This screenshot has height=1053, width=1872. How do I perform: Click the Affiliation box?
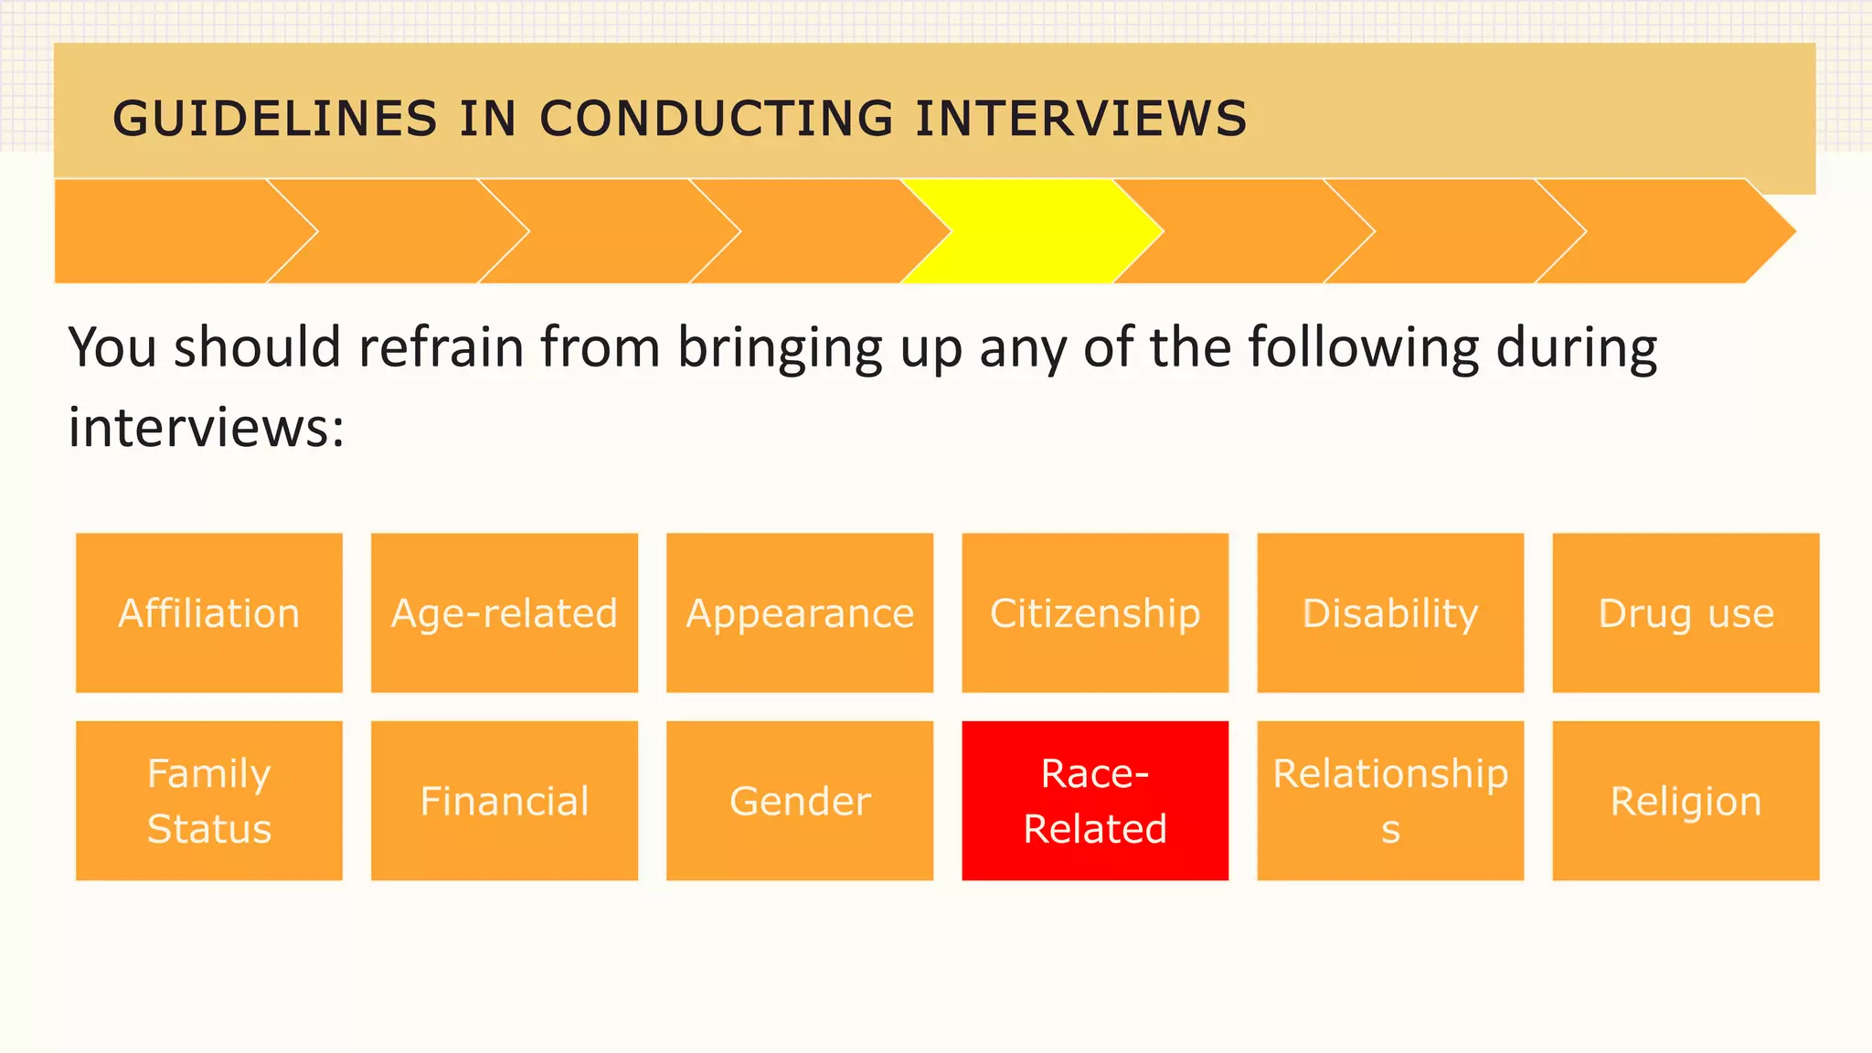[x=209, y=613]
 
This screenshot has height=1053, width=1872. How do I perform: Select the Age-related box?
[x=505, y=613]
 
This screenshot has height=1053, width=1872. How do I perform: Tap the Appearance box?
[x=800, y=613]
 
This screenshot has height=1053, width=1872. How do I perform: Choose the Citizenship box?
[x=1095, y=613]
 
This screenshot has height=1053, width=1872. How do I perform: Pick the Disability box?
[x=1390, y=613]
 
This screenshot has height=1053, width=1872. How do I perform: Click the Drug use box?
[x=1686, y=613]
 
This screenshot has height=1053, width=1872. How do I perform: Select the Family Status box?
[x=209, y=801]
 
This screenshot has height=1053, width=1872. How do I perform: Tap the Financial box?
[x=505, y=801]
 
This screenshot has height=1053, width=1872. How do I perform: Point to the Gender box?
[x=800, y=801]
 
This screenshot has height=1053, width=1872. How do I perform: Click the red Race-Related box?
[x=1095, y=801]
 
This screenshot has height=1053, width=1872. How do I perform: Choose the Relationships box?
[x=1390, y=801]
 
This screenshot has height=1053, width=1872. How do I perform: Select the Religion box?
[x=1686, y=801]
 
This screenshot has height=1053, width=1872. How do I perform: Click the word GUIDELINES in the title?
[x=275, y=119]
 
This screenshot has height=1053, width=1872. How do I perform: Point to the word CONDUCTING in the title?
[x=717, y=119]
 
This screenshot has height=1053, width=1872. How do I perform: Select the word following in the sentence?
[x=1363, y=348]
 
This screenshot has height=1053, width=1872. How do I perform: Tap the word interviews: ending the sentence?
[x=207, y=427]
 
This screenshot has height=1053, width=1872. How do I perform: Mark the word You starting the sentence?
[x=114, y=348]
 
